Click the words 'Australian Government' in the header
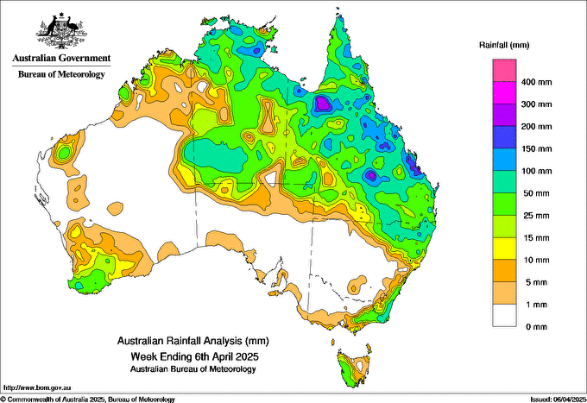(x=60, y=59)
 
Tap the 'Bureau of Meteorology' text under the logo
(x=60, y=74)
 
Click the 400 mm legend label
(x=536, y=82)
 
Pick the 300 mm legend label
(x=536, y=104)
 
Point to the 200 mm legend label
(x=536, y=127)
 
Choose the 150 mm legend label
(x=536, y=148)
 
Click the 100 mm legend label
(x=536, y=171)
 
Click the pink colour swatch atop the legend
(x=505, y=71)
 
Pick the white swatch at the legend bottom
(x=505, y=316)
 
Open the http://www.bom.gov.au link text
(x=38, y=387)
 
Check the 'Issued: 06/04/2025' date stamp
(x=556, y=399)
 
